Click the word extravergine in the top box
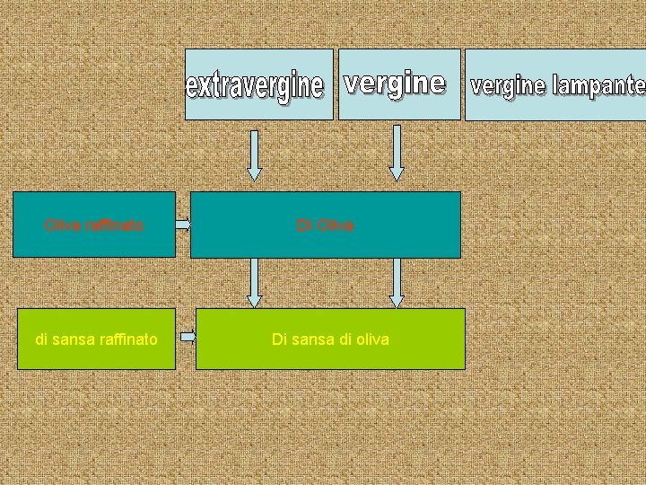[254, 87]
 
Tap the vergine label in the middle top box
[395, 84]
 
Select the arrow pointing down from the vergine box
[397, 153]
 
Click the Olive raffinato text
[94, 225]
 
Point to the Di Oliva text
[326, 225]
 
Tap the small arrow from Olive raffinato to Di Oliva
[183, 225]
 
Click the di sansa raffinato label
[96, 339]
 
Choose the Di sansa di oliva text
[330, 339]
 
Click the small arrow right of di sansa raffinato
[188, 338]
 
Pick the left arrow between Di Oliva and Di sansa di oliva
[255, 283]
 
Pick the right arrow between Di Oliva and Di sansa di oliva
[397, 283]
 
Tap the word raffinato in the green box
[124, 339]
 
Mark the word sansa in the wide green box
[310, 339]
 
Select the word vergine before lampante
[508, 86]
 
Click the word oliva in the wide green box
[371, 339]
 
